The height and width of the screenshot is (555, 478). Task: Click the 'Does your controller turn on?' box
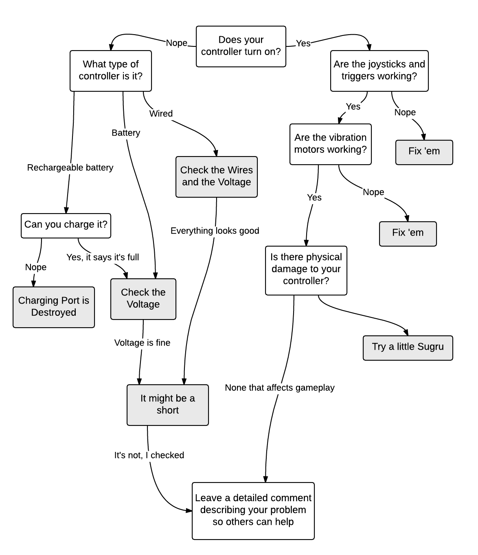(x=241, y=46)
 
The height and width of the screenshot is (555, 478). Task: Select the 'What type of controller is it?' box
(x=110, y=70)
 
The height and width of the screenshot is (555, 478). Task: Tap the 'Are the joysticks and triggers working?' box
(x=379, y=70)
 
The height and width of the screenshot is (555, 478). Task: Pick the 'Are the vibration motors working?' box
(x=330, y=144)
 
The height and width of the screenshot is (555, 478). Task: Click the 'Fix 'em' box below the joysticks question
(x=424, y=152)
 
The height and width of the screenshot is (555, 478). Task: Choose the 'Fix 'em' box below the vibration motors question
(x=408, y=233)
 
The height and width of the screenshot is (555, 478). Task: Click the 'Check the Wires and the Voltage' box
(x=216, y=176)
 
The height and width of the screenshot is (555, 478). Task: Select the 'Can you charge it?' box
(x=66, y=225)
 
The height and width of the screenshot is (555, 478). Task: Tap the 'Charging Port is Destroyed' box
(x=53, y=307)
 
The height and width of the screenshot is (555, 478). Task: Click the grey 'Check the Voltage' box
(x=143, y=299)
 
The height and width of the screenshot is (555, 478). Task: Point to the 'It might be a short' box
(x=167, y=405)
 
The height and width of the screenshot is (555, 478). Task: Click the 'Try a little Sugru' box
(x=408, y=347)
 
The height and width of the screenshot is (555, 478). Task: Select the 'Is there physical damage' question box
(x=306, y=270)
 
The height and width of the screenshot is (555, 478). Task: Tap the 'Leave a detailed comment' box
(x=253, y=511)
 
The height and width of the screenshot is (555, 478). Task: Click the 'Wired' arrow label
(x=161, y=114)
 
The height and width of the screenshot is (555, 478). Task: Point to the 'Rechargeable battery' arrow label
(x=70, y=167)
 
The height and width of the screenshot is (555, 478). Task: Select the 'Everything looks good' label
(x=215, y=231)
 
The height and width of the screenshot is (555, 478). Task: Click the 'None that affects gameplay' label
(x=279, y=388)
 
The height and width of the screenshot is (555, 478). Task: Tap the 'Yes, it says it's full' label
(x=103, y=257)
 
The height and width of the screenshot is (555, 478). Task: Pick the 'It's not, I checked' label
(x=149, y=455)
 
